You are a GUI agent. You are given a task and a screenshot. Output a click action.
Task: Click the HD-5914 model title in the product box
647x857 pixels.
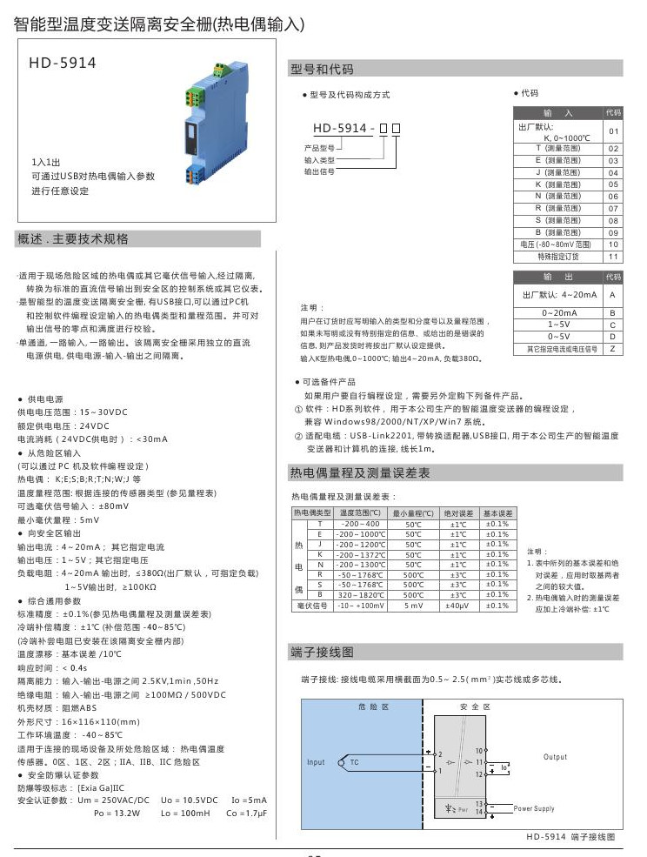63,63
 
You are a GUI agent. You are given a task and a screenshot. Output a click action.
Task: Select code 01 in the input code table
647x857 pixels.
613,131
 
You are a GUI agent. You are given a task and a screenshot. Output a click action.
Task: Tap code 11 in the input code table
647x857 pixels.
613,257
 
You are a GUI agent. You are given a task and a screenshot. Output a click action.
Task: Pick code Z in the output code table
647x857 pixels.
613,348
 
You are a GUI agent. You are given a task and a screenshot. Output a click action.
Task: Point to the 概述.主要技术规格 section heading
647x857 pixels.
72,238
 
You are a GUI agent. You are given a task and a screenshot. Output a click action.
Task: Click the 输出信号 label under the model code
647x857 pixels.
319,172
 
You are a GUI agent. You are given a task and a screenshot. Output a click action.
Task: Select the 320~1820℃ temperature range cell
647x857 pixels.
359,594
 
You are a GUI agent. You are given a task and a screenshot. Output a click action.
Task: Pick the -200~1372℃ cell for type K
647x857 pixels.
359,554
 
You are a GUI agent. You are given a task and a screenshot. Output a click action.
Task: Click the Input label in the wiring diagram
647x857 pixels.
316,763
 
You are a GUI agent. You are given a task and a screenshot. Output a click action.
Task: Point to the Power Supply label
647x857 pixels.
534,809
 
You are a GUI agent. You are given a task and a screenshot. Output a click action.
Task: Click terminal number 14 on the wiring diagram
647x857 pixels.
479,812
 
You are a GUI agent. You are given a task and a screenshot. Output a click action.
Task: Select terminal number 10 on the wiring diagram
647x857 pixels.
478,750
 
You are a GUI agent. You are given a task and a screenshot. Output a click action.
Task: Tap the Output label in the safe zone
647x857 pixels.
555,758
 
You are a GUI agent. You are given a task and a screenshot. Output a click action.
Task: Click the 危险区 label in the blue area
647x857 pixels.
371,708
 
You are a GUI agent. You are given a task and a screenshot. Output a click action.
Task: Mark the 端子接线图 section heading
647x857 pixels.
322,653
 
